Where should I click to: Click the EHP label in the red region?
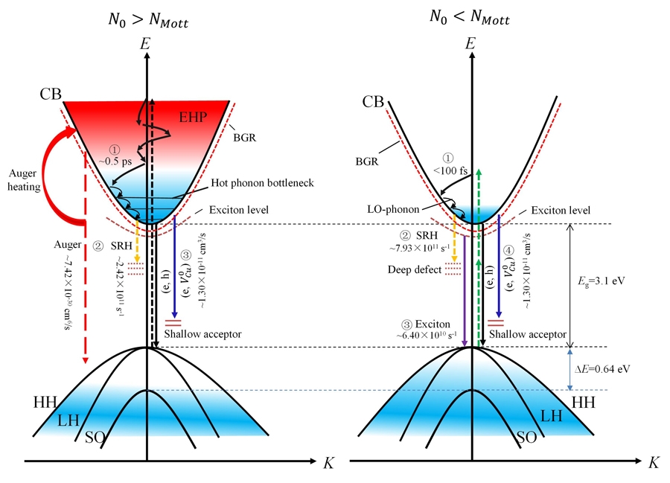click(x=193, y=117)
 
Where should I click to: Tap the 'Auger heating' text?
click(x=24, y=180)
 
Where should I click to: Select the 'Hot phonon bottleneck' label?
click(x=262, y=183)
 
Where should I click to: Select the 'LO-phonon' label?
click(x=393, y=209)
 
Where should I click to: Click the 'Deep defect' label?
click(x=415, y=270)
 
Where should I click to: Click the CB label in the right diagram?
click(x=373, y=102)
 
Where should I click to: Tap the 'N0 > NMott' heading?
click(x=148, y=20)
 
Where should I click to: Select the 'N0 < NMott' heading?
click(x=470, y=17)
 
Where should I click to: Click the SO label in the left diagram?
click(x=95, y=438)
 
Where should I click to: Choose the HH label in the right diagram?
click(x=583, y=403)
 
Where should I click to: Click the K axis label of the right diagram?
click(x=654, y=462)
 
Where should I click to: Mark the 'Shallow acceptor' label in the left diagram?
click(x=202, y=334)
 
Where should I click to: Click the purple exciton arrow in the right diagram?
click(x=465, y=290)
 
